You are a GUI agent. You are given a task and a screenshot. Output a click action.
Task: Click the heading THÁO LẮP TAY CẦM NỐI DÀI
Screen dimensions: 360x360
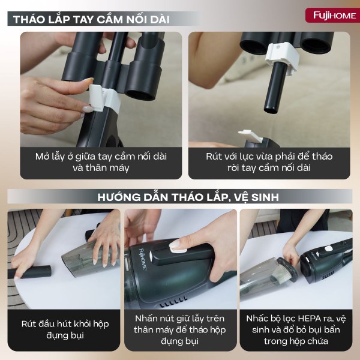tap(92, 19)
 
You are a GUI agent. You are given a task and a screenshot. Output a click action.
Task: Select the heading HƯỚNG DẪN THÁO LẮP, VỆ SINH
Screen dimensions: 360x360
tap(180, 196)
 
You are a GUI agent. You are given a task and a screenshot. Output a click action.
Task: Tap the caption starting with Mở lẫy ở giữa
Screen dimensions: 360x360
tap(101, 162)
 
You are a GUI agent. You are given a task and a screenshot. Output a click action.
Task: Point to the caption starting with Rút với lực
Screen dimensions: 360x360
tap(269, 162)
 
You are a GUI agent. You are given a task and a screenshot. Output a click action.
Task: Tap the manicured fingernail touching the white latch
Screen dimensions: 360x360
tap(88, 109)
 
